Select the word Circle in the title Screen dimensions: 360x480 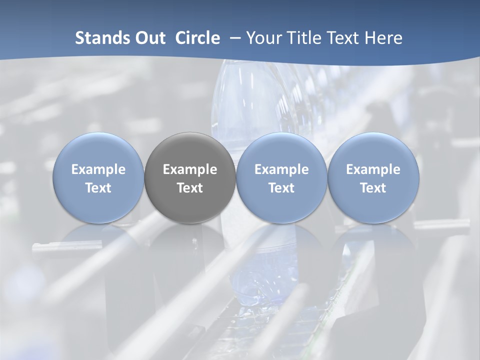pos(197,38)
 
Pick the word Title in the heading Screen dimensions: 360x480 pos(302,38)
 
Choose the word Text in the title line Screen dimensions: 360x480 pos(342,38)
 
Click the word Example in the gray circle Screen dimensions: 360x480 pos(190,169)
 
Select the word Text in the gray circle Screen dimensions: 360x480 pos(190,188)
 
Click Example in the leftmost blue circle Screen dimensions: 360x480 pos(98,169)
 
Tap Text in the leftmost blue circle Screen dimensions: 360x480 pos(98,188)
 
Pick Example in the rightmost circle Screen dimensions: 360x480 pos(373,169)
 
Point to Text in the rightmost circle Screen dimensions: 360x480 pos(373,188)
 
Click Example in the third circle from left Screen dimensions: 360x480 pos(281,169)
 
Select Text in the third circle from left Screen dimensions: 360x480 pos(281,188)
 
